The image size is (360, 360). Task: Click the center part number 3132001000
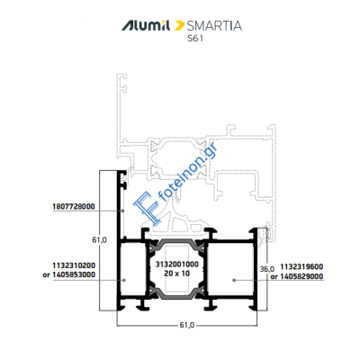(178, 265)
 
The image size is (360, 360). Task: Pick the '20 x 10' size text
(178, 273)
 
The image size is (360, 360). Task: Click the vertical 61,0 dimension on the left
(99, 240)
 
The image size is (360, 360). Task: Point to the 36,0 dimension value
(267, 269)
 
